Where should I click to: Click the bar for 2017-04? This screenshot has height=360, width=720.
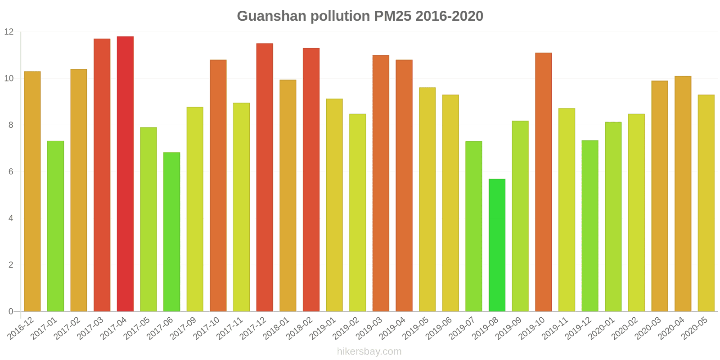[125, 174]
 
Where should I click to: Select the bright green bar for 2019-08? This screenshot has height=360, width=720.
[497, 245]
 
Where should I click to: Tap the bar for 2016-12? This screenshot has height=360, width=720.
[32, 191]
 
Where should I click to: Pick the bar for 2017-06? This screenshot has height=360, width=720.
[171, 232]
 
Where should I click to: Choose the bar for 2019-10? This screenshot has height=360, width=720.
[543, 182]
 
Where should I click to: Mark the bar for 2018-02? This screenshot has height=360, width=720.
[311, 180]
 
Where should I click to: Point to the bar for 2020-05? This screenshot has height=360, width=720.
[706, 203]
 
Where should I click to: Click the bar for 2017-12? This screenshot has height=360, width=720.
[265, 177]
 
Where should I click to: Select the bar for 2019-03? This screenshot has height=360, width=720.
[381, 183]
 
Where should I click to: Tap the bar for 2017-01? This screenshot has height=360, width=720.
[55, 226]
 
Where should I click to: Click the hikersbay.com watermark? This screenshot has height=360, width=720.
[369, 351]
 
